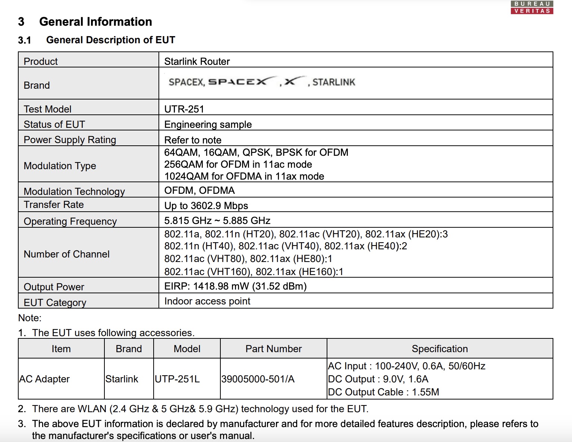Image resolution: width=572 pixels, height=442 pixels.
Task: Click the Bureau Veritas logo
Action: tap(532, 7)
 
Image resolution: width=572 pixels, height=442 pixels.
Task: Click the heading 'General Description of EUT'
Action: tap(110, 40)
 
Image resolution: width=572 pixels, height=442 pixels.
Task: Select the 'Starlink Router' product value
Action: tap(197, 61)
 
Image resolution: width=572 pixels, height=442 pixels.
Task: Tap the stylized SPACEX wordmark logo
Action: tap(238, 82)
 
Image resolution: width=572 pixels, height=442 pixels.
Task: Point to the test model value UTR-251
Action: tap(184, 109)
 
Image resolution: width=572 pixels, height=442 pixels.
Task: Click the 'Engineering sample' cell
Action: tap(208, 124)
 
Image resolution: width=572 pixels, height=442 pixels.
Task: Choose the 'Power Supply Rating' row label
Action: tap(70, 140)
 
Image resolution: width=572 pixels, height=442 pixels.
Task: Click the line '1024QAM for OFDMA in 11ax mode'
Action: tap(244, 176)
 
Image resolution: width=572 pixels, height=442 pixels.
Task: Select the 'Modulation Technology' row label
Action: tap(74, 191)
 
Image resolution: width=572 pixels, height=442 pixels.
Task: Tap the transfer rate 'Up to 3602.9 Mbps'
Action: tap(206, 206)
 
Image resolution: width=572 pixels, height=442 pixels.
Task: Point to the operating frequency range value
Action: tap(217, 221)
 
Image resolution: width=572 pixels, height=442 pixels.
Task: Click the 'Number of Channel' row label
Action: tap(66, 254)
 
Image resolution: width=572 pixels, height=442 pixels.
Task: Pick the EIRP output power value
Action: tap(235, 286)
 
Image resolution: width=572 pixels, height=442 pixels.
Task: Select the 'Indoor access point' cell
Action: tap(207, 301)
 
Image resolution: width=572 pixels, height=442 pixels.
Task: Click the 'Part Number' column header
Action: tap(273, 349)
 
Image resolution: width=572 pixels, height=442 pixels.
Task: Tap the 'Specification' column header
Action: tap(440, 349)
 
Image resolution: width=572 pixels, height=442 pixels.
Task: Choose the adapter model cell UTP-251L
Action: tap(177, 379)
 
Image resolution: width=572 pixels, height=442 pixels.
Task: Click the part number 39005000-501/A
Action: tap(258, 379)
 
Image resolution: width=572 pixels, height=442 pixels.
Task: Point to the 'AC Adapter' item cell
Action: tap(44, 379)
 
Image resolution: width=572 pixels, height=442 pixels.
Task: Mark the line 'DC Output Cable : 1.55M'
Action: tap(383, 392)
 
